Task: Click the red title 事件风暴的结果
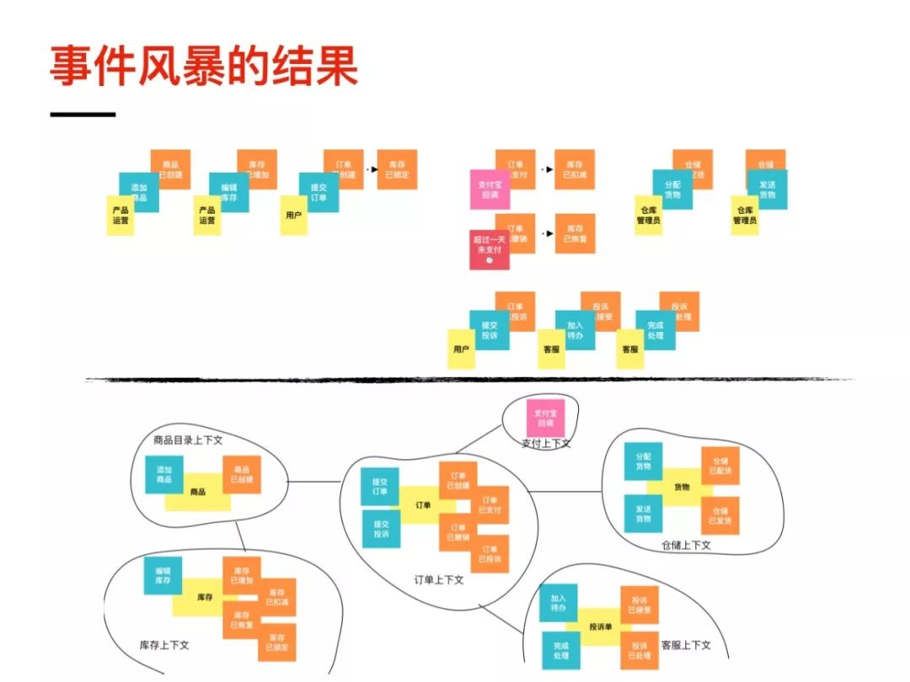coord(203,67)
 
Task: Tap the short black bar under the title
coord(83,115)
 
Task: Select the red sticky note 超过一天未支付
coord(489,249)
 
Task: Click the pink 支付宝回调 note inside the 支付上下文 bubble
coord(546,417)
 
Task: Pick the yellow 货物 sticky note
coord(682,488)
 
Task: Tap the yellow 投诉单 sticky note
coord(599,626)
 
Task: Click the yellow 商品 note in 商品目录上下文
coord(198,492)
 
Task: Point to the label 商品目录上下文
coord(187,440)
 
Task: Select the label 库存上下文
coord(164,645)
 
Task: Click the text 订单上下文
coord(439,579)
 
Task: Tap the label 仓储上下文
coord(687,545)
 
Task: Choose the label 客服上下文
coord(686,644)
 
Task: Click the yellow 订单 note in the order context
coord(423,505)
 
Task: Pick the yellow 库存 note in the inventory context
coord(205,597)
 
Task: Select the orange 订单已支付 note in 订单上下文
coord(490,504)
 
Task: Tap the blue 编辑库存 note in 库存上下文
coord(163,575)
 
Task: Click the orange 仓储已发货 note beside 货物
coord(720,514)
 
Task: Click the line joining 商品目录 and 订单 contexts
coord(313,482)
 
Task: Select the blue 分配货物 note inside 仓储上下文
coord(644,461)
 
